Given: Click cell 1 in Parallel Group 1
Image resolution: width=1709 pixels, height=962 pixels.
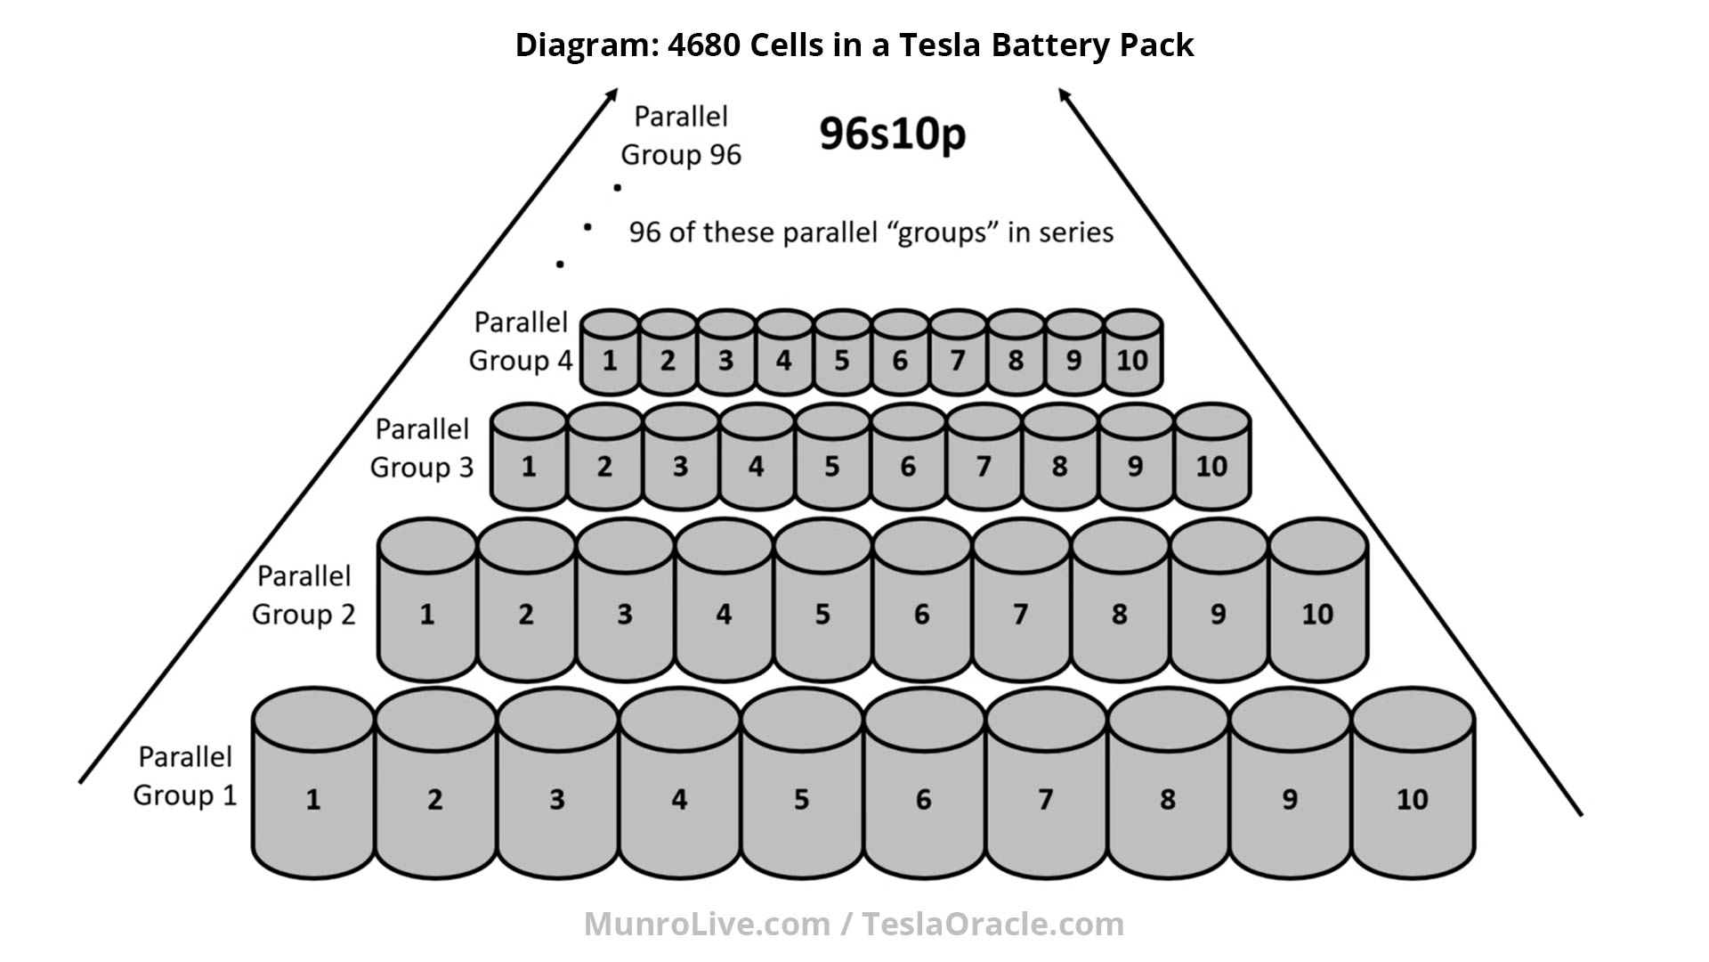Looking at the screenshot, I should pos(313,793).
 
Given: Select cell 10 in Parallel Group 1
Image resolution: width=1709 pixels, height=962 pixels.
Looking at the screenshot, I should pos(1413,793).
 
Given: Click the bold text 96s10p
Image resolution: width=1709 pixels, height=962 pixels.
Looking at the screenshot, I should pos(892,135).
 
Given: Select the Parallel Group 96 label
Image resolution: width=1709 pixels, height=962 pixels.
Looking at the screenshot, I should pos(681,135).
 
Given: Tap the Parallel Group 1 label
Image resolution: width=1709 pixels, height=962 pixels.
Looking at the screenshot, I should pos(185,776).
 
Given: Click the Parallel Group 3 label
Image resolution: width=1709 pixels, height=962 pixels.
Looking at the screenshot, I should pos(422,448).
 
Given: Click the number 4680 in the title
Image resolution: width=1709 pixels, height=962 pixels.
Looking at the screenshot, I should pos(704,45).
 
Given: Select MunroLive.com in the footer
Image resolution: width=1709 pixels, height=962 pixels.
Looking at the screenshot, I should pos(707,924).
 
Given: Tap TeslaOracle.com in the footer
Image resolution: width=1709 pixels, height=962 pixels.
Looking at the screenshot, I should pos(992,924).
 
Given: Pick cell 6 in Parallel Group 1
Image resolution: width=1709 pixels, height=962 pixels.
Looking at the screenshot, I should pos(924,793).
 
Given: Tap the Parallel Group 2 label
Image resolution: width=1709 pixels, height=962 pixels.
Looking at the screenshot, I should pos(304,595).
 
